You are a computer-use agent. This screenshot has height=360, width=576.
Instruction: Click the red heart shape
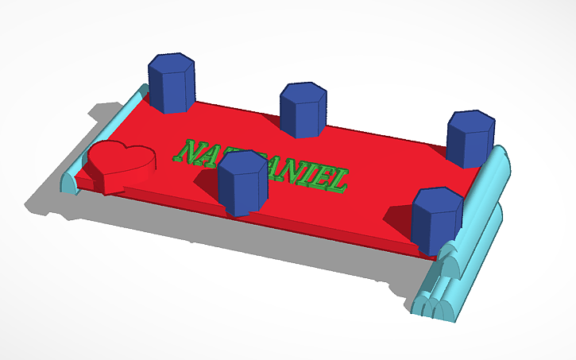coord(122,163)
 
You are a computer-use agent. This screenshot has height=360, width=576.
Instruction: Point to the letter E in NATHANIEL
coord(321,177)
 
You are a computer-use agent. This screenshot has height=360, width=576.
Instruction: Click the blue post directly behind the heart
coord(172,86)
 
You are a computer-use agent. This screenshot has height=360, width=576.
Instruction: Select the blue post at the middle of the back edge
coord(303,111)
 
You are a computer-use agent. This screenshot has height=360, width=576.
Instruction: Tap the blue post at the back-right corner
coord(470,141)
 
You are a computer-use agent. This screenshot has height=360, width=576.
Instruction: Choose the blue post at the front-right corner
coord(436,223)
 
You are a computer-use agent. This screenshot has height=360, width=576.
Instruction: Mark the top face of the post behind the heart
coord(172,63)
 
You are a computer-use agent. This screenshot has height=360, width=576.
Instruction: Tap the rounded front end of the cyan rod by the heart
coord(70,182)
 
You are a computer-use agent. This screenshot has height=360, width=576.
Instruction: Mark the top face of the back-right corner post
coord(470,120)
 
